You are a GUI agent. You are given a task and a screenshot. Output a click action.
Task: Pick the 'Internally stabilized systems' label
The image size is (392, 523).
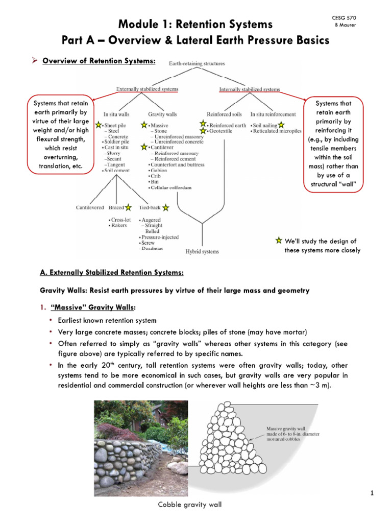tap(250, 89)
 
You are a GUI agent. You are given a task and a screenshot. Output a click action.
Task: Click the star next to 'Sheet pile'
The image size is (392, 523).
tap(99, 124)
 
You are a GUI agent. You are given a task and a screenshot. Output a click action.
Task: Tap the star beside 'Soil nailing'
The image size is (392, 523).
tap(282, 125)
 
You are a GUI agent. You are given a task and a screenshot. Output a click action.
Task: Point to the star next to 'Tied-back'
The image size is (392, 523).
tap(166, 208)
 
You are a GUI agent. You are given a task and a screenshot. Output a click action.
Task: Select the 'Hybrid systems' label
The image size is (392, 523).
tap(202, 251)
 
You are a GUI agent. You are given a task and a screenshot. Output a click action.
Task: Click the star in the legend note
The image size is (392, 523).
tap(278, 240)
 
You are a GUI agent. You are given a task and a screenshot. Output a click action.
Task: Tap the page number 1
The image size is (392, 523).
tap(373, 493)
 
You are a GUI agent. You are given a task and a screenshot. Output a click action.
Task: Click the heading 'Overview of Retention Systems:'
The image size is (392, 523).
tap(99, 61)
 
